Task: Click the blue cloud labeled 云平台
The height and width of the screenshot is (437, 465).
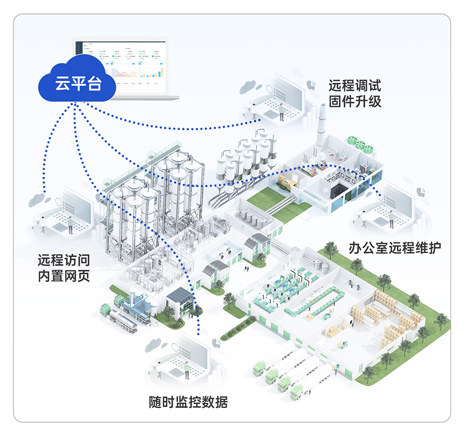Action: click(x=79, y=83)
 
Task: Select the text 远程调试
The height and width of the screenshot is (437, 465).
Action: click(x=354, y=85)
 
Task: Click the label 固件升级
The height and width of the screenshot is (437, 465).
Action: click(x=354, y=101)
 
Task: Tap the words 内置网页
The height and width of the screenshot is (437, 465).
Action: click(x=64, y=276)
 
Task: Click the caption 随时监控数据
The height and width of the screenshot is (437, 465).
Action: click(x=188, y=402)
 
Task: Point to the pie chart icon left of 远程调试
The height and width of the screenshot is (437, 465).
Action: click(x=311, y=83)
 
